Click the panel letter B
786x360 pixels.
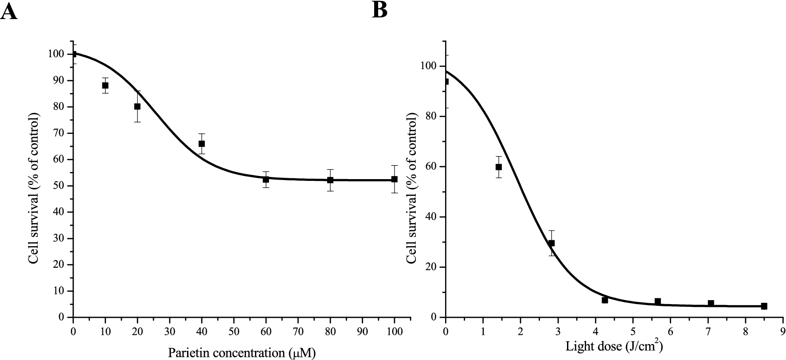click(x=379, y=10)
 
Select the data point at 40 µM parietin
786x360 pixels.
click(x=202, y=144)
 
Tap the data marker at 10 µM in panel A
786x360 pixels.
click(x=105, y=85)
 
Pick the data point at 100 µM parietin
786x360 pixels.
click(x=395, y=179)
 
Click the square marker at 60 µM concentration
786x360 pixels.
click(x=266, y=179)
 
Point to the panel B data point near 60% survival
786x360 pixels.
click(x=499, y=167)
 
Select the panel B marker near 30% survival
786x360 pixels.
click(x=551, y=243)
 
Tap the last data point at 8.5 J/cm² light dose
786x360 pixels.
click(x=764, y=306)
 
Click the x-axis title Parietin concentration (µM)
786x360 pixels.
click(x=242, y=353)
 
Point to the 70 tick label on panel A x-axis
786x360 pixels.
click(x=298, y=331)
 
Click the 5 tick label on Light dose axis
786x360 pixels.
click(x=633, y=331)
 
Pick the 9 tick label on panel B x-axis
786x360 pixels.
click(x=783, y=331)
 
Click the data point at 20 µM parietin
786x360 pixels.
click(x=137, y=106)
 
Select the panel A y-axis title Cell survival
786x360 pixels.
click(x=34, y=188)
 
